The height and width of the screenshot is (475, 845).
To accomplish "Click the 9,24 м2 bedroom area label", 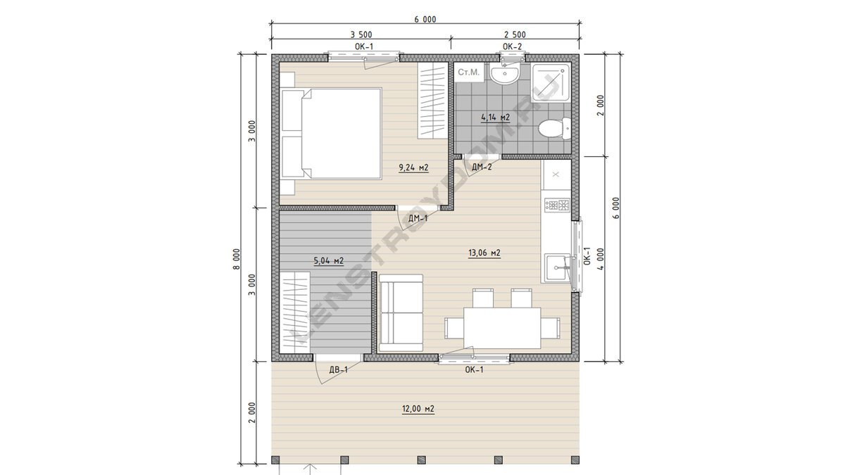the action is pos(413,167).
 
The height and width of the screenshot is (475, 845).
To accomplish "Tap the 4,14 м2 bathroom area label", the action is pos(495,118).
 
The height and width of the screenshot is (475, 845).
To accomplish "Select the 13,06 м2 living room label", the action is pos(484,253).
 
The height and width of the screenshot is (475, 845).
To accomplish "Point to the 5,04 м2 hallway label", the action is pos(329,260).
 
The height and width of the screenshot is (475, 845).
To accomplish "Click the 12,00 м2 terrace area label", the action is pos(418,409).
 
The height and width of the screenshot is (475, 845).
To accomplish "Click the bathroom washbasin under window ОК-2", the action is pos(505,73).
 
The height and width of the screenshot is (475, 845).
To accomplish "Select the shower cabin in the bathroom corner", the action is pos(551,82).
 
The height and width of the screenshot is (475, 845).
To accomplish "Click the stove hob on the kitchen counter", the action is pos(557,205).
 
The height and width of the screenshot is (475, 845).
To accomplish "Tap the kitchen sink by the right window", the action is pos(558,268).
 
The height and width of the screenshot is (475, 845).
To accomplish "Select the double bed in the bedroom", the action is pos(331,134).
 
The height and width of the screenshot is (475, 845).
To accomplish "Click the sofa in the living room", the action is pos(401,313).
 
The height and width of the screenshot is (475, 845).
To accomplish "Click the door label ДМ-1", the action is pos(418,218).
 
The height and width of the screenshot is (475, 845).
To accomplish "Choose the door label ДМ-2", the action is pos(482,167).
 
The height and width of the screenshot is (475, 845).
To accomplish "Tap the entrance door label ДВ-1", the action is pos(339,370).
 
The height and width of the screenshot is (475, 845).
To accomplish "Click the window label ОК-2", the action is pos(513,46).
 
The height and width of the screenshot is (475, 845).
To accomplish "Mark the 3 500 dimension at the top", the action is pos(361,34).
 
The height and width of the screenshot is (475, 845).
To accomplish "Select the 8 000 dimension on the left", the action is pos(237,259).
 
